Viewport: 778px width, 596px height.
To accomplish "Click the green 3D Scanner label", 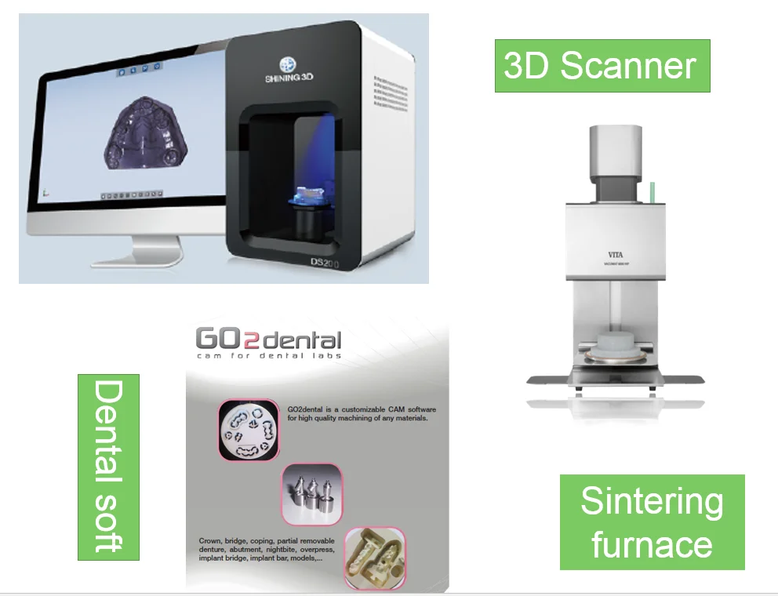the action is coord(602,66).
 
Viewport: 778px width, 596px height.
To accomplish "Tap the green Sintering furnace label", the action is coord(652,521).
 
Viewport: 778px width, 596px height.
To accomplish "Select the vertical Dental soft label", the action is coord(108,467).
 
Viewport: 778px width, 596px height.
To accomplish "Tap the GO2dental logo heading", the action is coord(268,340).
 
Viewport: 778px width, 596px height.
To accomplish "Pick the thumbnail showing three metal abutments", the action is coord(311,493).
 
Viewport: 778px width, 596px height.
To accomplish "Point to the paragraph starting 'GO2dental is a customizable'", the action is coord(361,415).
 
